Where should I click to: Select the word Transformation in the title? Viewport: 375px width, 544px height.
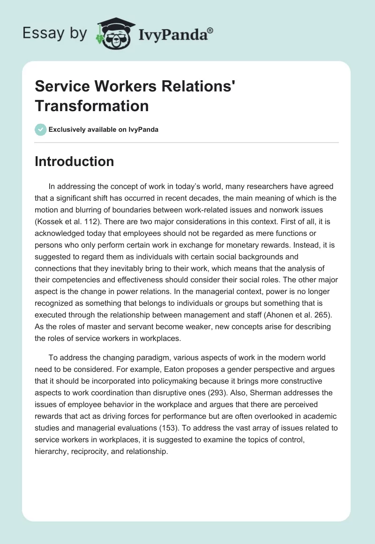tap(92, 106)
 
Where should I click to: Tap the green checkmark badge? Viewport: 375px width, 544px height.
tap(41, 129)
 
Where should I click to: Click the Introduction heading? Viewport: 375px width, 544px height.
tap(74, 162)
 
